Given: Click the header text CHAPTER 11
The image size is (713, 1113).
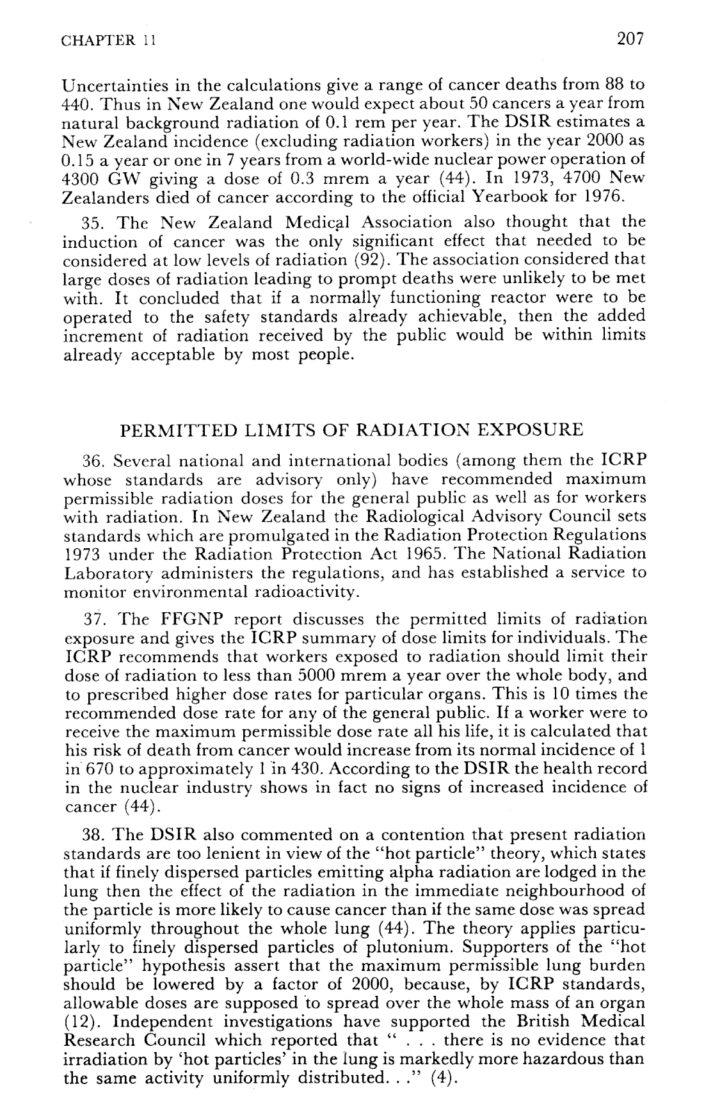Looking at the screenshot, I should [x=108, y=42].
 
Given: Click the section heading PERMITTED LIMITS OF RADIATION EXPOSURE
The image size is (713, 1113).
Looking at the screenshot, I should [x=352, y=430].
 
